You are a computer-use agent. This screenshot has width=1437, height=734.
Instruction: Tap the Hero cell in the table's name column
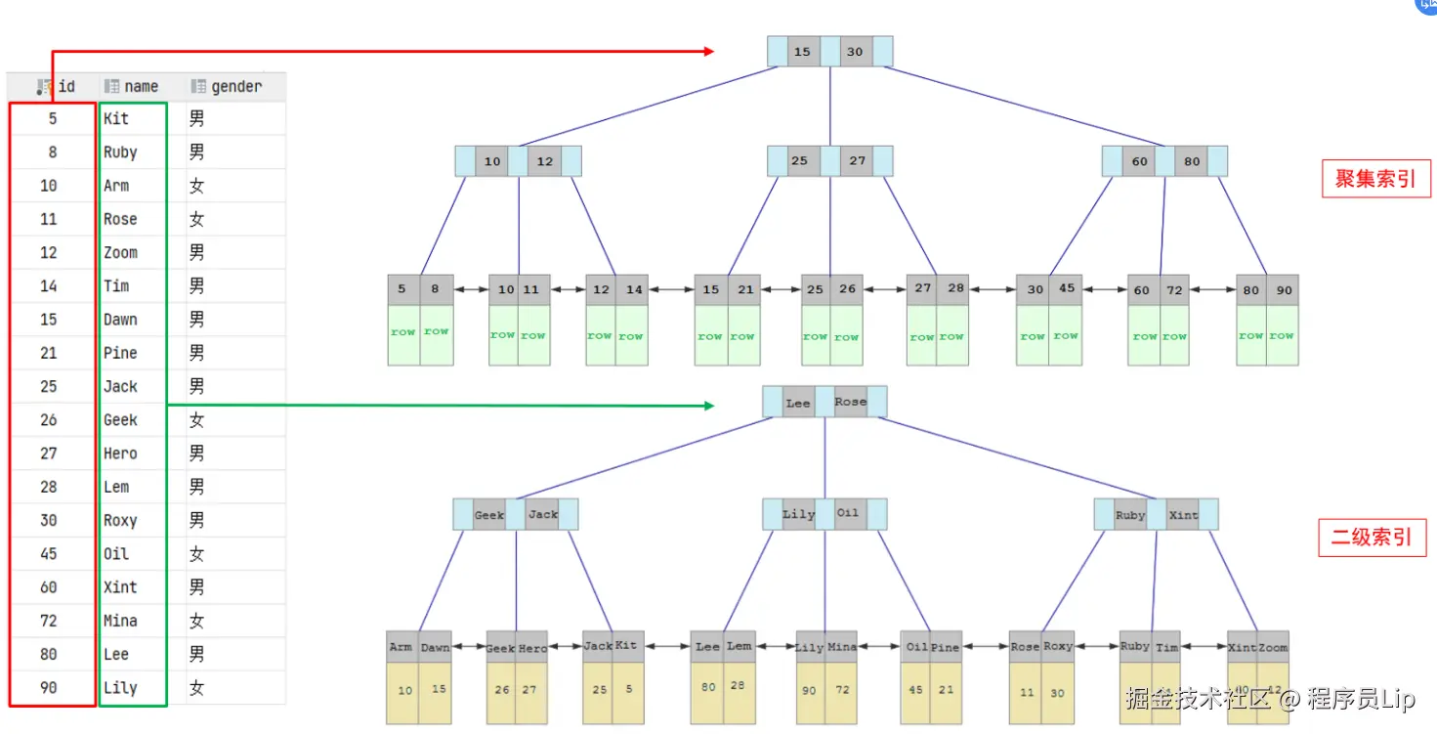pyautogui.click(x=121, y=453)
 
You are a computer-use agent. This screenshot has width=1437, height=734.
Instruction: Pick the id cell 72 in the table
pyautogui.click(x=49, y=621)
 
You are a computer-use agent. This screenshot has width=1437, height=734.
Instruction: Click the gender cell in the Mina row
pyautogui.click(x=197, y=621)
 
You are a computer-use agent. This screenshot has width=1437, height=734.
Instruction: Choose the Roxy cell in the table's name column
pyautogui.click(x=121, y=520)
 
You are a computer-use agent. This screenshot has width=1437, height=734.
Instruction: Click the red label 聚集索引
pyautogui.click(x=1375, y=179)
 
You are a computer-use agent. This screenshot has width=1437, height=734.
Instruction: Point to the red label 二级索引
pyautogui.click(x=1372, y=537)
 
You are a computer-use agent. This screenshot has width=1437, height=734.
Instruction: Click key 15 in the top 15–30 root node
pyautogui.click(x=803, y=52)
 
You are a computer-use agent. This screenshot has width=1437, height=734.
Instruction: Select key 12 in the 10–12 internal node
pyautogui.click(x=544, y=161)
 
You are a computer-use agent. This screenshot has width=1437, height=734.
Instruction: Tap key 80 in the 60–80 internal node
pyautogui.click(x=1192, y=161)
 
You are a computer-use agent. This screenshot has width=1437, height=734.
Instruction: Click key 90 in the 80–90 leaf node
pyautogui.click(x=1284, y=290)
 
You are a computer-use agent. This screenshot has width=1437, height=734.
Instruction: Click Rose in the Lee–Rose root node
pyautogui.click(x=850, y=402)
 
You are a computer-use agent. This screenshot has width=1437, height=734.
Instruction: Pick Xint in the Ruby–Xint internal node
pyautogui.click(x=1183, y=515)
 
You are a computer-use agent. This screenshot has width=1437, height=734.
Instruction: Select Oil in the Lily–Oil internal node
pyautogui.click(x=848, y=514)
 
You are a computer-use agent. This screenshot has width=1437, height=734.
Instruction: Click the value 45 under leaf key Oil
pyautogui.click(x=916, y=689)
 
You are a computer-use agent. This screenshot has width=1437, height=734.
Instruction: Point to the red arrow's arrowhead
pyautogui.click(x=709, y=52)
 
